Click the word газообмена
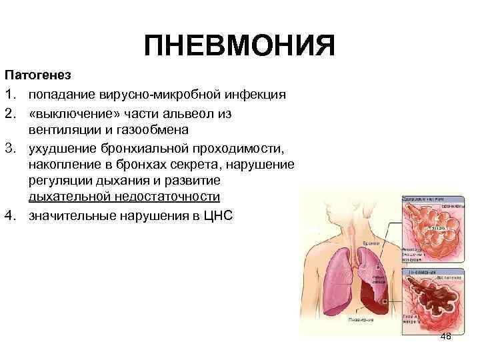(151, 129)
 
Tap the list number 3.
(10, 147)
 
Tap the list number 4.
(10, 215)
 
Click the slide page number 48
(445, 336)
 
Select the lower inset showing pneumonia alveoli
(432, 303)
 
